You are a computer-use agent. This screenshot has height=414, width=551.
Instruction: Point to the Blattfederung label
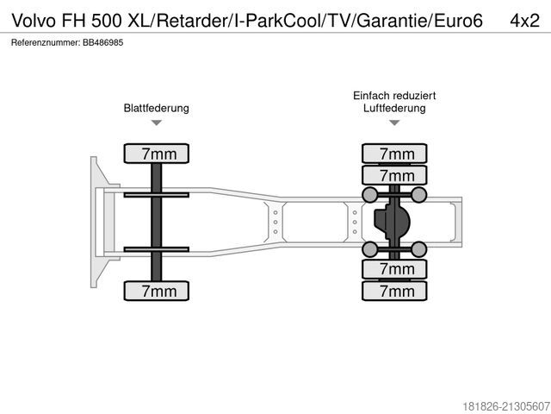coord(157,109)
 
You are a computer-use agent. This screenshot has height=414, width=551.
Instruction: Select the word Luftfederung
coord(395,109)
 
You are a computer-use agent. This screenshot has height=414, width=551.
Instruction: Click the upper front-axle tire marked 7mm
coord(158,154)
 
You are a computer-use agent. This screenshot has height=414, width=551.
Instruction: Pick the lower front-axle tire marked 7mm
coord(158,291)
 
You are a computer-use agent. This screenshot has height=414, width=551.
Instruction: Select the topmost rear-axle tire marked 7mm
coord(396,154)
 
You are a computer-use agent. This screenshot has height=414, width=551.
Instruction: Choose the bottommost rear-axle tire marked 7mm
coord(396,291)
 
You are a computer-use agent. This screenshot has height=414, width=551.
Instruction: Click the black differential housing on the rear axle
coord(391,222)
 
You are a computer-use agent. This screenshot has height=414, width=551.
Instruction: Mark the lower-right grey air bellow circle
coord(419,250)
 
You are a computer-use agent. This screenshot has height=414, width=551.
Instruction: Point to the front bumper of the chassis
coord(94,222)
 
